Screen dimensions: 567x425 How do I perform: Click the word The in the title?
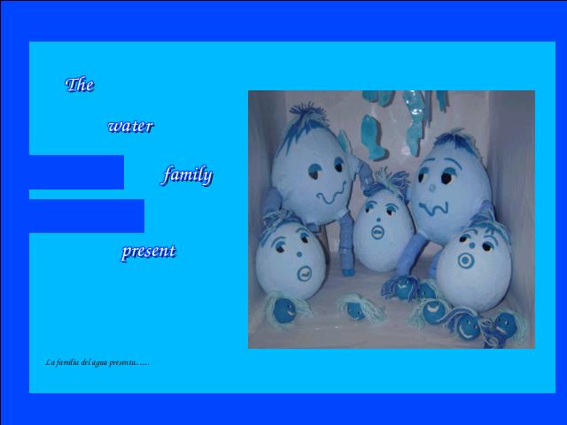point(80,85)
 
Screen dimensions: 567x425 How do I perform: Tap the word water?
point(130,126)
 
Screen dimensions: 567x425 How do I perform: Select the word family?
point(187,175)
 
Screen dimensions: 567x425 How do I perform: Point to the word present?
point(149,251)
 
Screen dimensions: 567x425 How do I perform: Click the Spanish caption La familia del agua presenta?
point(97,362)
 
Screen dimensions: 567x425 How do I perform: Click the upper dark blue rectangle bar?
point(77,172)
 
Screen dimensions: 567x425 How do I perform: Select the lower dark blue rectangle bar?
point(87,216)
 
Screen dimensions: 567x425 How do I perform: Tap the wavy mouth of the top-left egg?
point(332,194)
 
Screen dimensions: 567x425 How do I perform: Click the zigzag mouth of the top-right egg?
point(433,209)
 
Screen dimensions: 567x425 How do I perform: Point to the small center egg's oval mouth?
point(377,232)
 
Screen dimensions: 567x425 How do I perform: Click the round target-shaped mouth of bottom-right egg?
point(466,260)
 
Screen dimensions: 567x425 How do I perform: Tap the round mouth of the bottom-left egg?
point(305,274)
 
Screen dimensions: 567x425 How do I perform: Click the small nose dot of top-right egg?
point(431,188)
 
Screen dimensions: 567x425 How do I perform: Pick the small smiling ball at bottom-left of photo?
point(283,312)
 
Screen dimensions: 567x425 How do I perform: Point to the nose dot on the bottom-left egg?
point(299,254)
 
